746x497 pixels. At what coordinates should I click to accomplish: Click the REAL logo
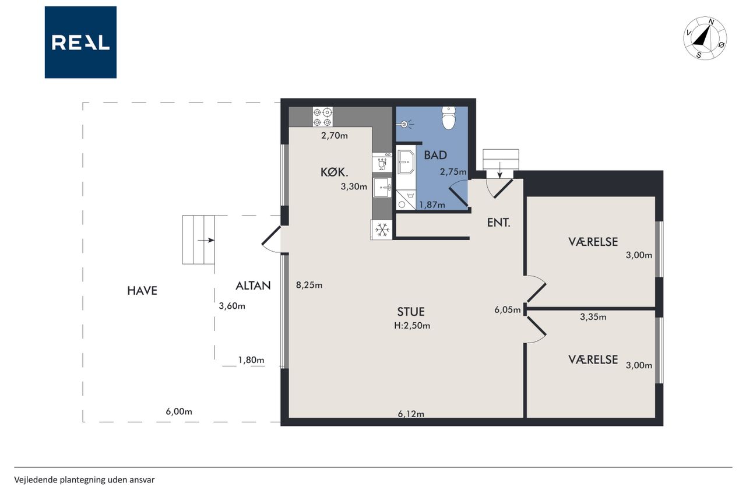(80, 43)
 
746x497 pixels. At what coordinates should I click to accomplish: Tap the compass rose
(705, 38)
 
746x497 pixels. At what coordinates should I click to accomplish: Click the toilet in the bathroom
(449, 118)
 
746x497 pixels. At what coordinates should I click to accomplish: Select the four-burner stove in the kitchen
(322, 117)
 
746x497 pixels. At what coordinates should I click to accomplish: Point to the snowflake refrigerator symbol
(382, 230)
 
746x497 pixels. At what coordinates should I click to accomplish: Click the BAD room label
(435, 155)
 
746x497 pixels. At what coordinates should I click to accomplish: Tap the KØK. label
(334, 172)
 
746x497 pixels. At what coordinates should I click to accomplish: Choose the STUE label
(411, 312)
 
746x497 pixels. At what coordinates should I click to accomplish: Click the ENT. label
(498, 223)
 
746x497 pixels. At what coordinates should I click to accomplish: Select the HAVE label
(142, 291)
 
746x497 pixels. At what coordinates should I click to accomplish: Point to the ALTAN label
(253, 286)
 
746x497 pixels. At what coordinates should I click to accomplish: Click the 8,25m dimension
(309, 285)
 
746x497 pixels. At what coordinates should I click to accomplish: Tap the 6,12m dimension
(411, 414)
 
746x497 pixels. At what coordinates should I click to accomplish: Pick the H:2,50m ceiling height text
(412, 326)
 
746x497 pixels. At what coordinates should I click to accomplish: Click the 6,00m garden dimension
(179, 412)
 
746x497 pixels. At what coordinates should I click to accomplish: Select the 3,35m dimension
(593, 317)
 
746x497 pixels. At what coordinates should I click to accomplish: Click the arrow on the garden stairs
(206, 241)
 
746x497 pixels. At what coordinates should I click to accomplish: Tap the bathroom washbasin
(406, 162)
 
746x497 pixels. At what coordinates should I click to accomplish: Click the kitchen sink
(382, 188)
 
